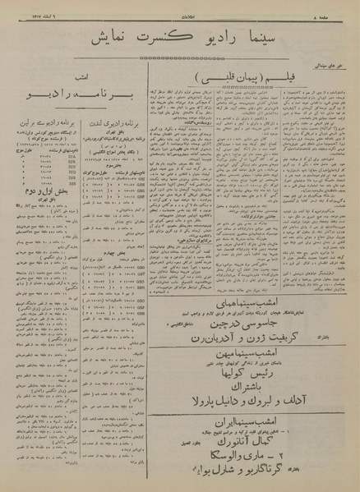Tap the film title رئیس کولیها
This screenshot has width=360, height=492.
[x=247, y=393]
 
